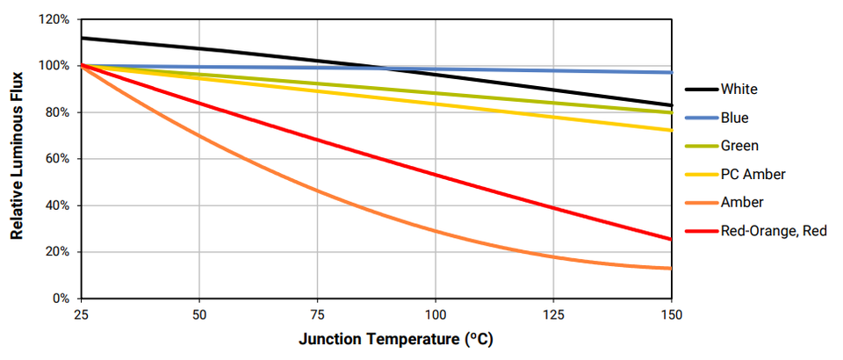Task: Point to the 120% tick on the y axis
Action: (55, 19)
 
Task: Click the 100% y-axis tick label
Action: (55, 66)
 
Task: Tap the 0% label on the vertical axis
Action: (61, 299)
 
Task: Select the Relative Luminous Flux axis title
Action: (17, 159)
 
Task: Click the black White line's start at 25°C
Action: (81, 38)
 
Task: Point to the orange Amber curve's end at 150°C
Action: (671, 268)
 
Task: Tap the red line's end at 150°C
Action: (671, 239)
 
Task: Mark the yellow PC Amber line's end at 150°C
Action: (671, 130)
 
